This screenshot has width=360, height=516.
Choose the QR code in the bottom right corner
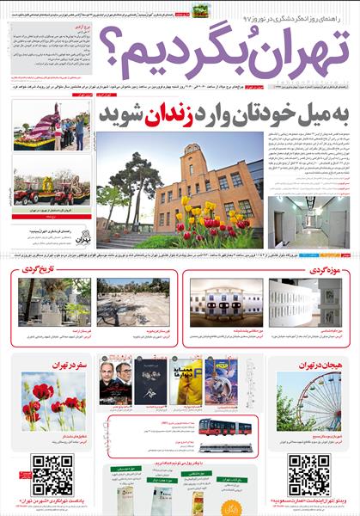308,474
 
